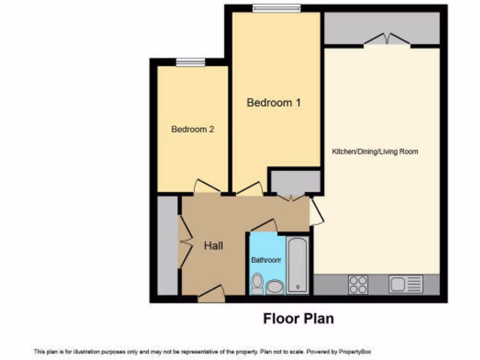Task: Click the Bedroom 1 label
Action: pyautogui.click(x=273, y=103)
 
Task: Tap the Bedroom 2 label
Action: pyautogui.click(x=193, y=129)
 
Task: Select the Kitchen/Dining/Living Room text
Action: pyautogui.click(x=375, y=152)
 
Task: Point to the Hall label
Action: pyautogui.click(x=213, y=246)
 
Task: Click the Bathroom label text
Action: pyautogui.click(x=266, y=260)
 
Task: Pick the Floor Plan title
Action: pyautogui.click(x=299, y=319)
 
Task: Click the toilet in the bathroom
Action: pyautogui.click(x=257, y=284)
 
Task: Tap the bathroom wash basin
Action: pyautogui.click(x=275, y=286)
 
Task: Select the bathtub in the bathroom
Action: pyautogui.click(x=297, y=265)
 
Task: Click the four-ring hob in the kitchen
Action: pyautogui.click(x=358, y=284)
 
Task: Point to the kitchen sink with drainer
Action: pyautogui.click(x=406, y=284)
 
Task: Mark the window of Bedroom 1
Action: pyautogui.click(x=277, y=8)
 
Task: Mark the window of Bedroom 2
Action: pyautogui.click(x=190, y=62)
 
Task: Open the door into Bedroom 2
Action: pyautogui.click(x=207, y=187)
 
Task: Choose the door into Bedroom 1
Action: pyautogui.click(x=249, y=188)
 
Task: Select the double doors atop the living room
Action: pyautogui.click(x=387, y=40)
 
